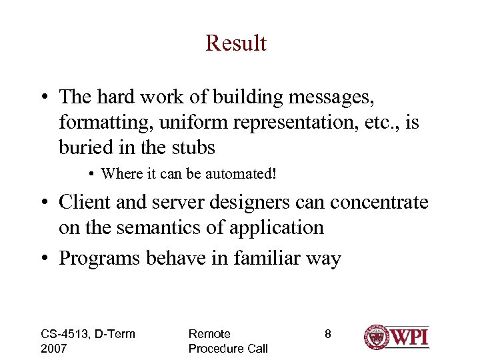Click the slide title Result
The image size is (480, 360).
[x=236, y=43]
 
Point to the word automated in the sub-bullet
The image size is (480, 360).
[x=241, y=174]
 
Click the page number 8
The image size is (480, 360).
[x=327, y=334]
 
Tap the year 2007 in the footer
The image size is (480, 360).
[x=55, y=348]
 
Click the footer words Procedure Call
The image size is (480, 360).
[x=228, y=348]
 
